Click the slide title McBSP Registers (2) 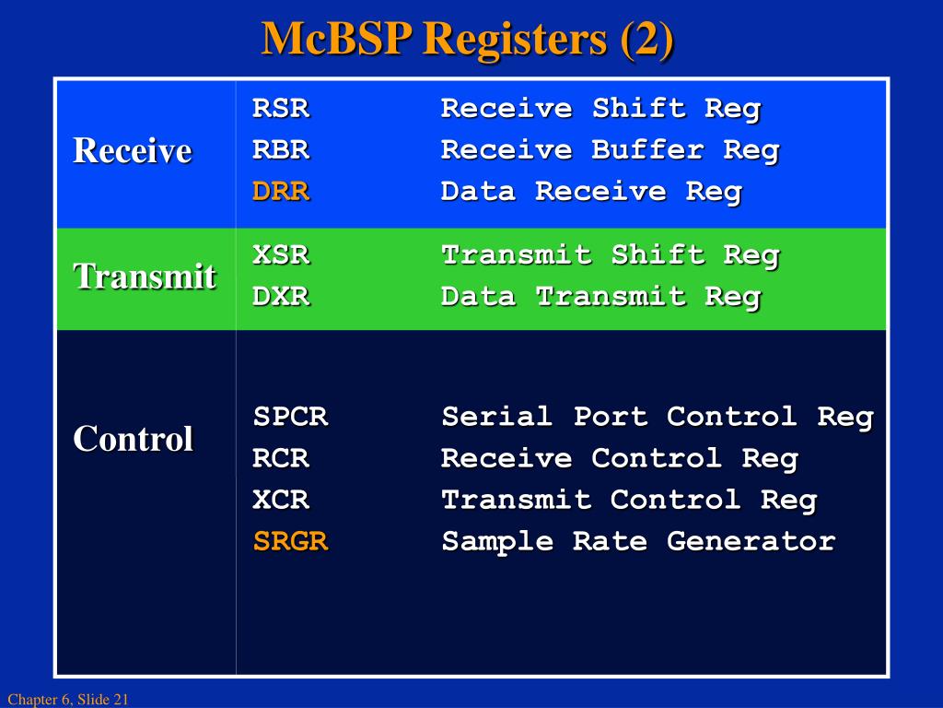click(x=468, y=39)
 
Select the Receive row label click(x=133, y=150)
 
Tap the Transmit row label click(x=145, y=276)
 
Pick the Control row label click(x=134, y=439)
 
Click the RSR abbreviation click(x=281, y=109)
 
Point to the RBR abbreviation click(x=281, y=150)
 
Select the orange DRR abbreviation click(x=281, y=192)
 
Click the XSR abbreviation click(x=281, y=255)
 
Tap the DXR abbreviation click(x=281, y=297)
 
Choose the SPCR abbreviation click(x=290, y=417)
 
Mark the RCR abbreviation click(x=281, y=458)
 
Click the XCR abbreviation click(x=281, y=500)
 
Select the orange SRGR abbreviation click(x=290, y=541)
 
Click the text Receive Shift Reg click(x=600, y=109)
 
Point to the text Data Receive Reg click(x=591, y=192)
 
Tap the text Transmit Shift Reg click(x=610, y=255)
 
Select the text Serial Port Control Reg click(x=657, y=417)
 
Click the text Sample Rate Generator click(x=638, y=541)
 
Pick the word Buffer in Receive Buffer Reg click(x=647, y=150)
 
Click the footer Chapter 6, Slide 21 click(x=67, y=701)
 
